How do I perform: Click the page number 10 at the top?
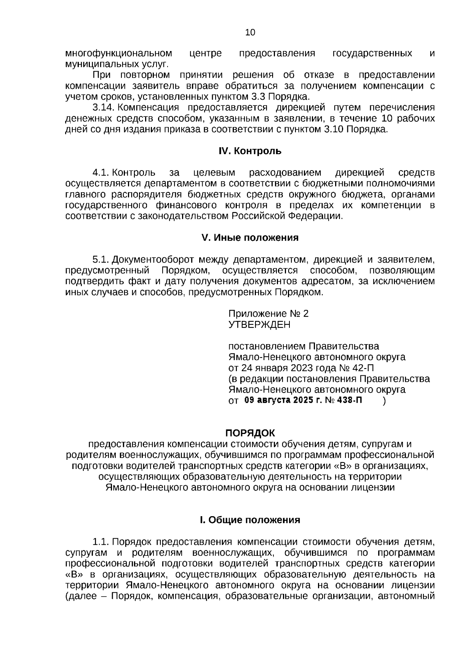pyautogui.click(x=250, y=32)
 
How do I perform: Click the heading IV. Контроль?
pyautogui.click(x=250, y=151)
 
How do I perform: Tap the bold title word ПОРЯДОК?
pyautogui.click(x=250, y=433)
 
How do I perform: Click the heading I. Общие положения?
pyautogui.click(x=250, y=520)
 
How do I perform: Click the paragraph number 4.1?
pyautogui.click(x=101, y=173)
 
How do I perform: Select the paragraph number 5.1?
pyautogui.click(x=101, y=260)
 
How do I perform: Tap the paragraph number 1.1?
pyautogui.click(x=101, y=542)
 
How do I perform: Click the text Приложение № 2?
pyautogui.click(x=268, y=314)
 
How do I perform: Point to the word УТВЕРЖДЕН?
pyautogui.click(x=259, y=325)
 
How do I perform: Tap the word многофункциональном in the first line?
pyautogui.click(x=118, y=53)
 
